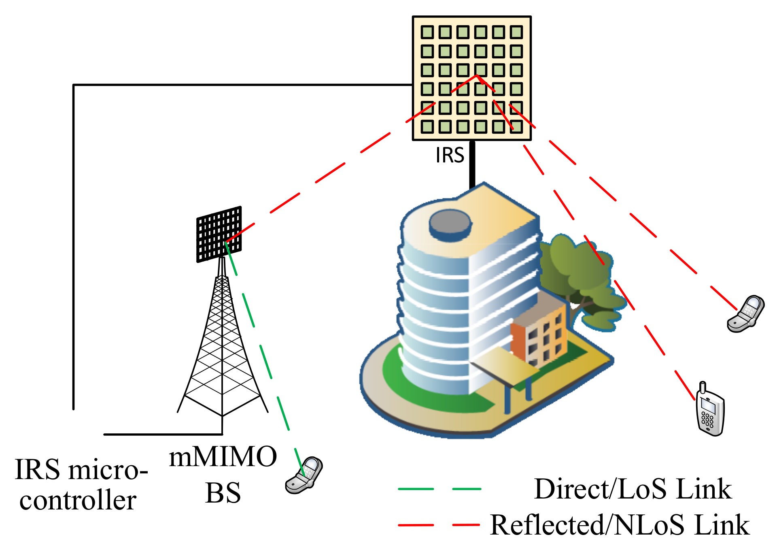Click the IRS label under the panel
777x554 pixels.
pyautogui.click(x=449, y=155)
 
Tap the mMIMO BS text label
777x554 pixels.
pyautogui.click(x=223, y=475)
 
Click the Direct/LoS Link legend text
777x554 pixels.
pyautogui.click(x=633, y=489)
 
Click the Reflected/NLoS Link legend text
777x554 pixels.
pyautogui.click(x=620, y=525)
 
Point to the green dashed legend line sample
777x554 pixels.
pyautogui.click(x=439, y=489)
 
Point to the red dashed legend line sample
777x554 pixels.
pyautogui.click(x=439, y=525)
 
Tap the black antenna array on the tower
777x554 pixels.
pyautogui.click(x=219, y=234)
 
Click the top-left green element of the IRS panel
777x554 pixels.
pyautogui.click(x=427, y=32)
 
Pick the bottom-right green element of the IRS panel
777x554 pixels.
pyautogui.click(x=516, y=127)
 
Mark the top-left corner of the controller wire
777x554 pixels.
pyautogui.click(x=74, y=85)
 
